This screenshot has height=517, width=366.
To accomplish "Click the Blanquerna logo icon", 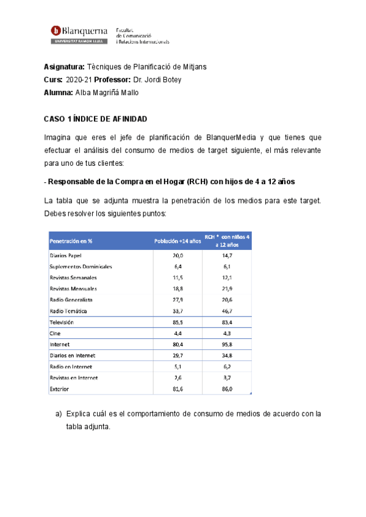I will coord(56,30).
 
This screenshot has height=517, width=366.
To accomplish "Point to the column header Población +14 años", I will coord(178,241).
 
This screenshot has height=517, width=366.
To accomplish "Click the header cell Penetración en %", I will coord(71,241).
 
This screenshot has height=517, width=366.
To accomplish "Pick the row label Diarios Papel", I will coord(65,255).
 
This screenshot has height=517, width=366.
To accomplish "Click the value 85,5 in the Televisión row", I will coord(179,322).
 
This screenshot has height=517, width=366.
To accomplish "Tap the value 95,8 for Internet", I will coord(227,344).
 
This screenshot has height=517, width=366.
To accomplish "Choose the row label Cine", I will coord(55,333).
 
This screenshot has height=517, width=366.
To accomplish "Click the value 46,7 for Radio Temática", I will coord(227,311).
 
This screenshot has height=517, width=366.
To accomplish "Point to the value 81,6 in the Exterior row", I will coord(179,388).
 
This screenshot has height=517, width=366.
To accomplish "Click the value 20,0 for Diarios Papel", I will coord(179,255).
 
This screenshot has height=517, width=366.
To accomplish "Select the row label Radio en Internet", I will coord(71,366).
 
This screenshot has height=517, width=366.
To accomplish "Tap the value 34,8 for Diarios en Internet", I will coord(227,355).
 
